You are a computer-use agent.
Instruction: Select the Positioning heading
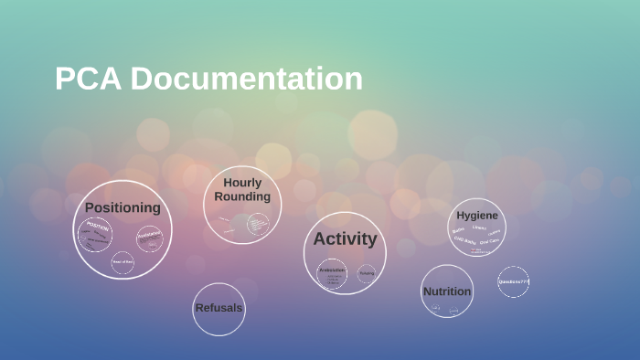pyautogui.click(x=123, y=207)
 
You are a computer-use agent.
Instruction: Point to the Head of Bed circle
pyautogui.click(x=123, y=262)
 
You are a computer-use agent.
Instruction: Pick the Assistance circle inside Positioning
pyautogui.click(x=149, y=237)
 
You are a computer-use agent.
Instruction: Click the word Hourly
pyautogui.click(x=242, y=183)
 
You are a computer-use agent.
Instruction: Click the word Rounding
pyautogui.click(x=242, y=196)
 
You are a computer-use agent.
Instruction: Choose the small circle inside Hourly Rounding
pyautogui.click(x=258, y=223)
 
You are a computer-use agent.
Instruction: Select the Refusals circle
pyautogui.click(x=219, y=308)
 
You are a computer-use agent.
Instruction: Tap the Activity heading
pyautogui.click(x=345, y=239)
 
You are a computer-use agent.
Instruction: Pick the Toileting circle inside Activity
pyautogui.click(x=367, y=273)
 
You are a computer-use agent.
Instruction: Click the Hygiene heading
pyautogui.click(x=477, y=215)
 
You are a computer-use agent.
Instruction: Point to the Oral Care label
pyautogui.click(x=489, y=242)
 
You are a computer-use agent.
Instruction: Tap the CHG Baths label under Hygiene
pyautogui.click(x=464, y=241)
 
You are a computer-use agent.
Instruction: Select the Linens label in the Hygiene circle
pyautogui.click(x=478, y=228)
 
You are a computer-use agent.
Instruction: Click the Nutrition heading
pyautogui.click(x=447, y=291)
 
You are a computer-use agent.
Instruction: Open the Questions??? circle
pyautogui.click(x=514, y=281)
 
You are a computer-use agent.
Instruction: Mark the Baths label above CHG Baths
pyautogui.click(x=458, y=231)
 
